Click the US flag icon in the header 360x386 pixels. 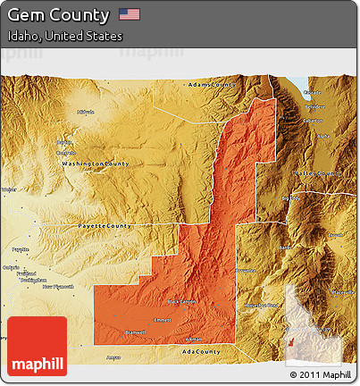(x=130, y=14)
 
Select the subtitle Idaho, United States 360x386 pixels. (x=65, y=36)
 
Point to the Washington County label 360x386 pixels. (x=95, y=164)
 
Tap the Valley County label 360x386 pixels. (x=318, y=173)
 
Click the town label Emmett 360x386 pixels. (x=162, y=319)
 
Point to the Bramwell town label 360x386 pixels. (x=135, y=331)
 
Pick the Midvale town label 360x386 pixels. (x=86, y=112)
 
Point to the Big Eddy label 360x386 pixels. (x=289, y=197)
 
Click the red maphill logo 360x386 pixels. (x=36, y=346)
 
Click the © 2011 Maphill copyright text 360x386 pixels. (x=320, y=373)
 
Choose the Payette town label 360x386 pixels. (x=19, y=249)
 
